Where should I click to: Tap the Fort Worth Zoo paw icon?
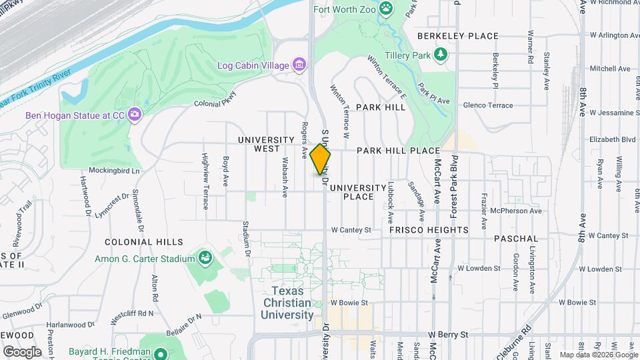pyautogui.click(x=386, y=8)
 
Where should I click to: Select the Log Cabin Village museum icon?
pyautogui.click(x=299, y=65)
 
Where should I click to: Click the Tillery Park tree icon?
pyautogui.click(x=440, y=55)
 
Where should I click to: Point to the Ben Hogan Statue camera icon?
pyautogui.click(x=135, y=115)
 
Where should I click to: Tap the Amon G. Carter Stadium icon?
pyautogui.click(x=205, y=258)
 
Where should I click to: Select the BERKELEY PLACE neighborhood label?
pyautogui.click(x=457, y=36)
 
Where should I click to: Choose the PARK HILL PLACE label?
pyautogui.click(x=398, y=151)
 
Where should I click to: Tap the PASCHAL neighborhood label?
pyautogui.click(x=516, y=238)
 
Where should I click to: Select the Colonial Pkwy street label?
pyautogui.click(x=215, y=99)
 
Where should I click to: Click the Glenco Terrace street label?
pyautogui.click(x=487, y=105)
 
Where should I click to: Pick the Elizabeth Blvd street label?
pyautogui.click(x=612, y=140)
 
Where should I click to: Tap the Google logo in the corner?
pyautogui.click(x=22, y=351)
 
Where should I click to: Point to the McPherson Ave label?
pyautogui.click(x=515, y=211)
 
